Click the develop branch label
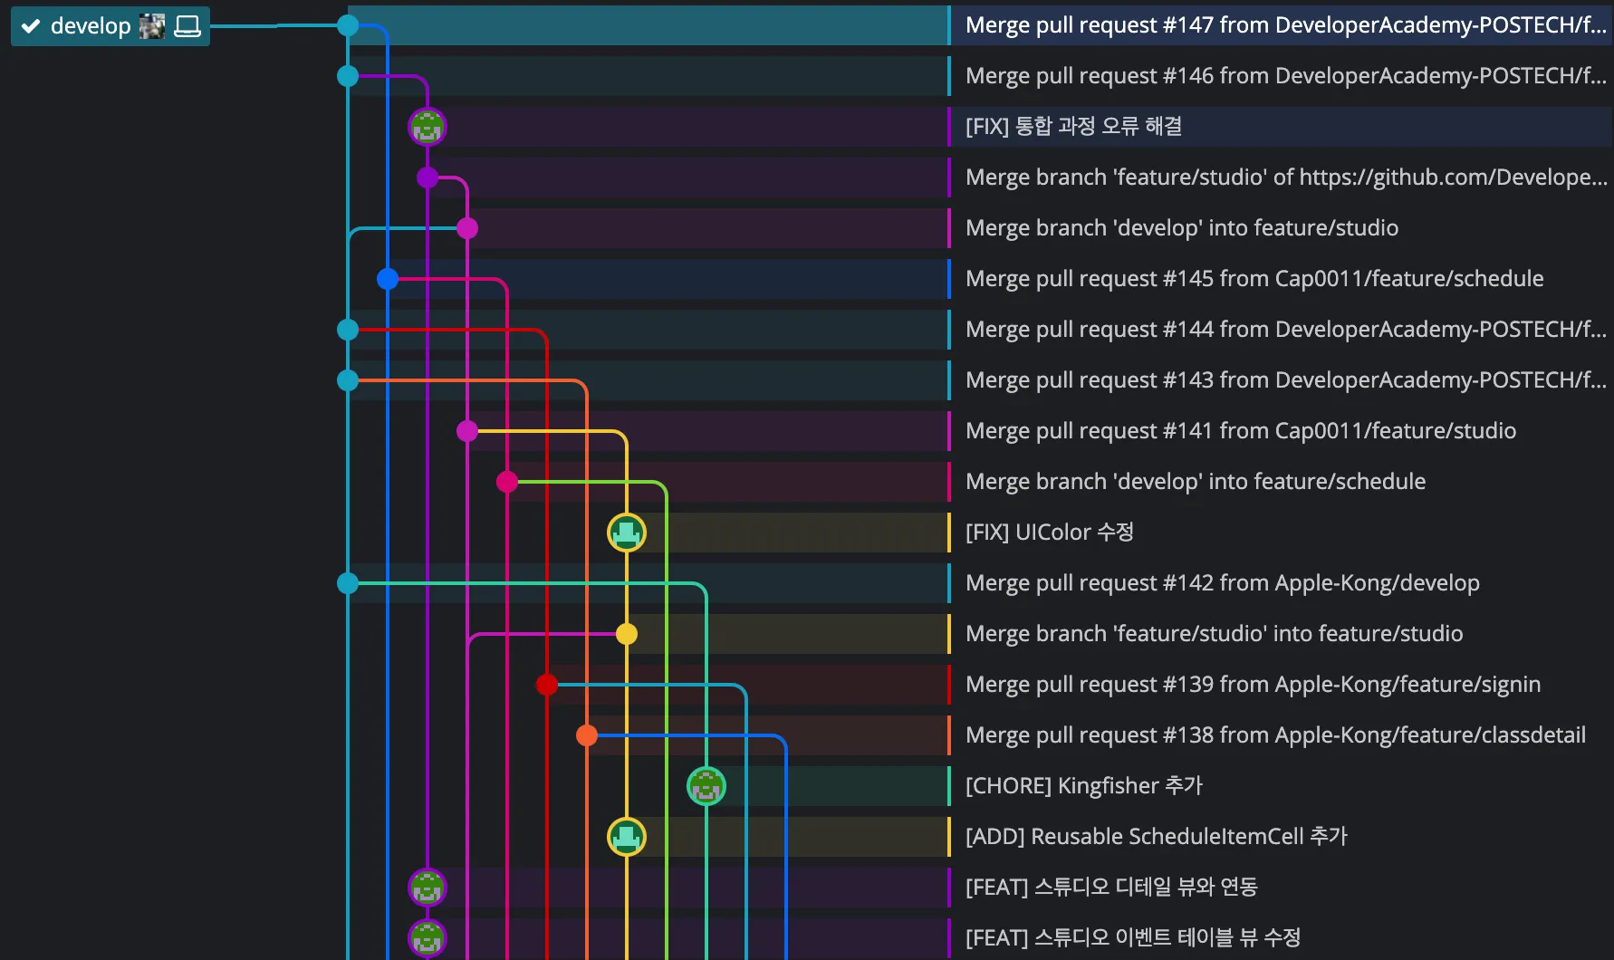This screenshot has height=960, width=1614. tap(91, 26)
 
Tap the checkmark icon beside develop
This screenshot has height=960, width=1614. tap(31, 26)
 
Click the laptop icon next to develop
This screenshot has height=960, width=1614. tap(187, 26)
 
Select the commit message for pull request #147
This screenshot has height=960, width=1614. tap(1284, 25)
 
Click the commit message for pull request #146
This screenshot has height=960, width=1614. tap(1284, 76)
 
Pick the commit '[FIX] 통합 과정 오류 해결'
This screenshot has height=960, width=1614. tap(1073, 127)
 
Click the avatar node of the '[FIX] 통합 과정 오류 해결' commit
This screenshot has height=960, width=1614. tap(428, 127)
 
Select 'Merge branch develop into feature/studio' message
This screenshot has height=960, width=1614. tap(1181, 228)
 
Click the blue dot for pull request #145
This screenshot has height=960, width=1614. tap(388, 279)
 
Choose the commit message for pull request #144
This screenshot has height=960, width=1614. tap(1284, 330)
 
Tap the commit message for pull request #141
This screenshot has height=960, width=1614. tap(1240, 431)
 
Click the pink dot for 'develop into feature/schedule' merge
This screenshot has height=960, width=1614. tap(507, 482)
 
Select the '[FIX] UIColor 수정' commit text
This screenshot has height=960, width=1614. tap(1049, 533)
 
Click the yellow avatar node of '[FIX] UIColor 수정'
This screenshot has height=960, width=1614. tap(627, 533)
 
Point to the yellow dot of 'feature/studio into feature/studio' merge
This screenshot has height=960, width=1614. tap(627, 634)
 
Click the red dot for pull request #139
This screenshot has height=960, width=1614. tap(547, 685)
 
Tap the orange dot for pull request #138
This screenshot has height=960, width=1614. tap(587, 735)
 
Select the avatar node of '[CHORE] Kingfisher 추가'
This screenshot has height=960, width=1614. tap(706, 786)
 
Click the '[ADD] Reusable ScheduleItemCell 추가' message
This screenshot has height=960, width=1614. tap(1156, 837)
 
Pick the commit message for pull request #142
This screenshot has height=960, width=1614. tap(1222, 583)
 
